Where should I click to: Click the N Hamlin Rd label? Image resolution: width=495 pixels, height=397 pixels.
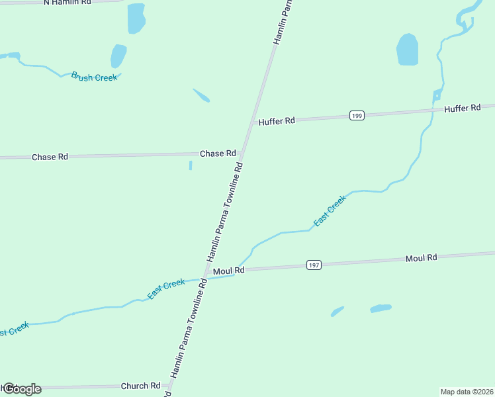(x=67, y=3)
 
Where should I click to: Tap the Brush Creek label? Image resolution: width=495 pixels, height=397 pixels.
(x=94, y=77)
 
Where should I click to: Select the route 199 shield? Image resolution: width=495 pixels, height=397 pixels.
(x=357, y=116)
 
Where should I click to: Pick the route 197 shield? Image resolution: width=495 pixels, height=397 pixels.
(x=314, y=265)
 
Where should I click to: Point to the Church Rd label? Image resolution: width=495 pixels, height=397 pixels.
(x=140, y=386)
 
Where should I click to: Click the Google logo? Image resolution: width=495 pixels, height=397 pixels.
(x=21, y=388)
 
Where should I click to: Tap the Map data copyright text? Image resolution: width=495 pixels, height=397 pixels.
(x=467, y=392)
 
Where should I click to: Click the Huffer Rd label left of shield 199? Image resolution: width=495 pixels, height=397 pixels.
(x=277, y=122)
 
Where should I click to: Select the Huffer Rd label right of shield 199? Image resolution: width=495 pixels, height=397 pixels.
(x=462, y=108)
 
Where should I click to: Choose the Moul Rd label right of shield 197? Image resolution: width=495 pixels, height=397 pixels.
(x=422, y=257)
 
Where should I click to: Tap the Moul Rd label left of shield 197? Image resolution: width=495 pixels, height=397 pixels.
(x=229, y=271)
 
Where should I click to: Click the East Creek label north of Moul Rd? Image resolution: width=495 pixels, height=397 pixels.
(x=330, y=211)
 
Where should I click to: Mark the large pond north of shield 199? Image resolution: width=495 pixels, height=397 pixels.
(x=407, y=50)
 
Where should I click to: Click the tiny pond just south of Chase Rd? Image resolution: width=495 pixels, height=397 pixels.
(x=191, y=165)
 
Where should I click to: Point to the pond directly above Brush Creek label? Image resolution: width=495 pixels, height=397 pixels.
(x=118, y=56)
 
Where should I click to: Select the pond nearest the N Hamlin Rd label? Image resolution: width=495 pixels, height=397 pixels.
(x=136, y=18)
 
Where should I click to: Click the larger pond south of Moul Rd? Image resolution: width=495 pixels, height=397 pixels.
(x=381, y=308)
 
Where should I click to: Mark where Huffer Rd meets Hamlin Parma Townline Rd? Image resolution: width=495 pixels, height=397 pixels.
(x=252, y=123)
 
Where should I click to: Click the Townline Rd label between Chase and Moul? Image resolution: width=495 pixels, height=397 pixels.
(x=225, y=212)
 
